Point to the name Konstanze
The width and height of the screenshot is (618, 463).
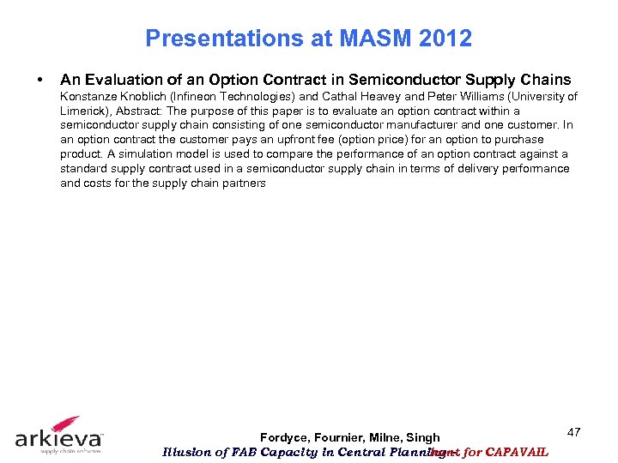(91, 96)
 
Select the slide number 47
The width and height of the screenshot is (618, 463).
(573, 432)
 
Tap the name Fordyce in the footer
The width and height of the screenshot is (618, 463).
(285, 438)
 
